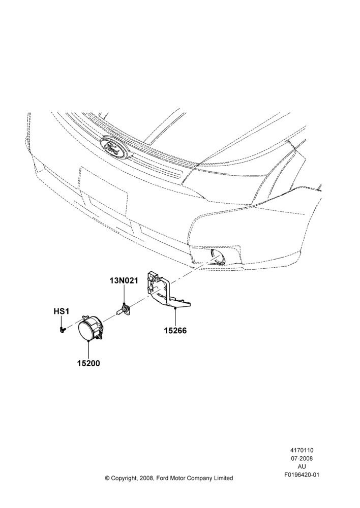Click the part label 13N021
pos(123,281)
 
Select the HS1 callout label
pos(62,311)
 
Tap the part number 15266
pos(175,331)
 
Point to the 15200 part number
pos(88,363)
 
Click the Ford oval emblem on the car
pos(115,147)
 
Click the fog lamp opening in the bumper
pos(217,257)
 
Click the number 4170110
pos(302,450)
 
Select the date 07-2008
pos(302,458)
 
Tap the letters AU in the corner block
pos(302,466)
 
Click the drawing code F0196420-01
pos(302,474)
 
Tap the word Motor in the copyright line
pos(174,478)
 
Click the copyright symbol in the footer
pos(107,478)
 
